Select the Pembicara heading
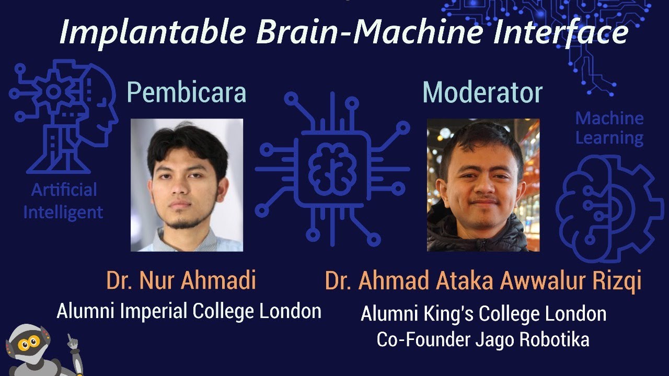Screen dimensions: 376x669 pyautogui.click(x=186, y=93)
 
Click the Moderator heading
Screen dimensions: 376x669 pyautogui.click(x=482, y=93)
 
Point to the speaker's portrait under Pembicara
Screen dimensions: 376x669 pyautogui.click(x=187, y=185)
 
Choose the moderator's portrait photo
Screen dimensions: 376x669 pyautogui.click(x=483, y=185)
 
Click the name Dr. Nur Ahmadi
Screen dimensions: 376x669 pyautogui.click(x=181, y=280)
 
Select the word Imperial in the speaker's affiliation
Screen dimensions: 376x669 pyautogui.click(x=154, y=311)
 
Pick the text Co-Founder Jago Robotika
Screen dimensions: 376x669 pyautogui.click(x=483, y=339)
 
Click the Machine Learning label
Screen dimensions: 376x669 pyautogui.click(x=609, y=128)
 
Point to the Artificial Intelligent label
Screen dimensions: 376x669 pyautogui.click(x=63, y=201)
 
